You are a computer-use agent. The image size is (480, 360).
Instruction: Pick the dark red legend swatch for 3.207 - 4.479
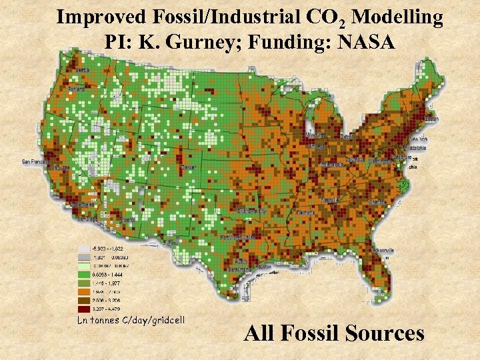pos(83,309)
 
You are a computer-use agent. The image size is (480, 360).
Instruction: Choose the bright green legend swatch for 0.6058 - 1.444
pos(83,274)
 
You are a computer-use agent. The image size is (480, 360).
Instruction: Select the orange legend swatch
pos(83,291)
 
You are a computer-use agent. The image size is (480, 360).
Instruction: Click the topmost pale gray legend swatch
pos(83,247)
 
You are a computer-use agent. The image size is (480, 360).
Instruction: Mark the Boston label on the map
pos(431,119)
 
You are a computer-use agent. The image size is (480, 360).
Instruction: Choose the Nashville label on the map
pos(329,199)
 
